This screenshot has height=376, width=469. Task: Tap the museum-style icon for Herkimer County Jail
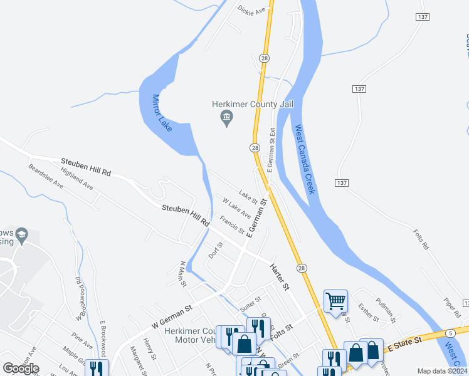(x=227, y=118)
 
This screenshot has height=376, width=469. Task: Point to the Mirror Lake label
(x=162, y=113)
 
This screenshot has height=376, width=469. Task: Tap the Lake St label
(x=248, y=197)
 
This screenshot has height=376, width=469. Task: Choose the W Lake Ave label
(x=237, y=208)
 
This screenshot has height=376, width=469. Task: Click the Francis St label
(x=232, y=224)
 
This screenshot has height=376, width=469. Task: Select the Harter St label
(x=279, y=277)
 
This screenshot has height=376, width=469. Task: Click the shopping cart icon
(x=335, y=301)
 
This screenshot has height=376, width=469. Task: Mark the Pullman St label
(x=384, y=310)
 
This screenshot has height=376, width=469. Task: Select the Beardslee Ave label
(x=46, y=177)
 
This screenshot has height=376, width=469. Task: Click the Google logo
(x=21, y=368)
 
